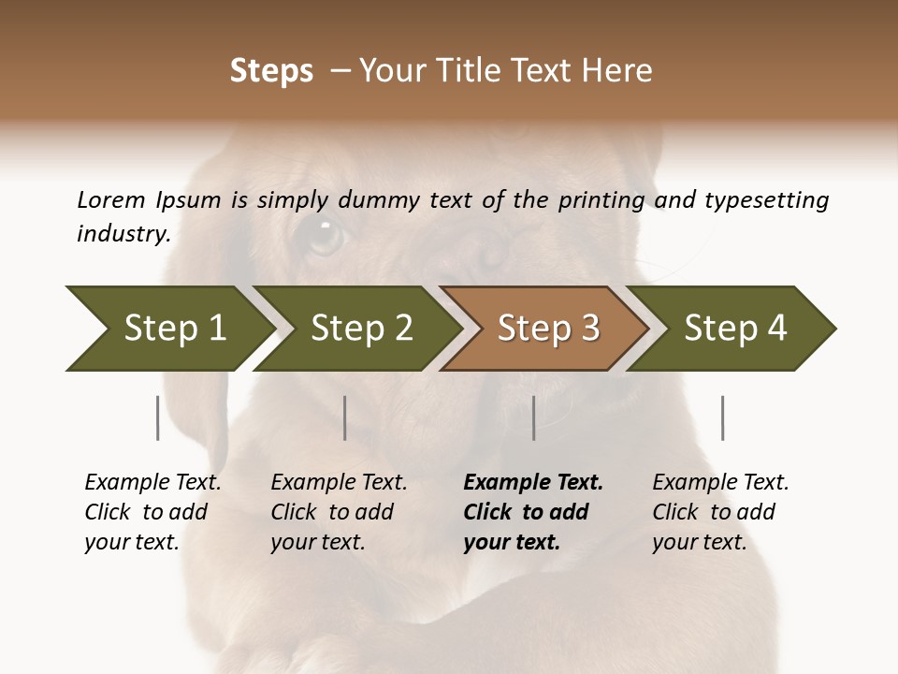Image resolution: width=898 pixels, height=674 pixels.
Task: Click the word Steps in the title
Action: (271, 71)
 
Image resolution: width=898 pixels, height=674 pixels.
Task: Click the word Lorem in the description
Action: (110, 199)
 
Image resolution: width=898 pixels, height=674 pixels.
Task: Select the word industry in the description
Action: (123, 233)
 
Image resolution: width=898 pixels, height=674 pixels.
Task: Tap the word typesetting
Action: (766, 199)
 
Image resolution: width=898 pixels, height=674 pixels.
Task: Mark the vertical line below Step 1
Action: (158, 418)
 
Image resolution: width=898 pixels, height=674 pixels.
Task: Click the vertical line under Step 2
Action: (345, 418)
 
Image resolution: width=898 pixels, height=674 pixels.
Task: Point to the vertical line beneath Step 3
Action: (534, 418)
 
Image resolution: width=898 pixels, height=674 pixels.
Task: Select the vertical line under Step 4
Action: (722, 418)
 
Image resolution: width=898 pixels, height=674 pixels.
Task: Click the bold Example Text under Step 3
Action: (533, 483)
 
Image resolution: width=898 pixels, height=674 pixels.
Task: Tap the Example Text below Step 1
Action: (152, 483)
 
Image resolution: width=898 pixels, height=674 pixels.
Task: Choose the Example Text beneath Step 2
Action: (339, 483)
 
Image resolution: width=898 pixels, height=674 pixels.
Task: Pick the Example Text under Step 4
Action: (720, 483)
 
